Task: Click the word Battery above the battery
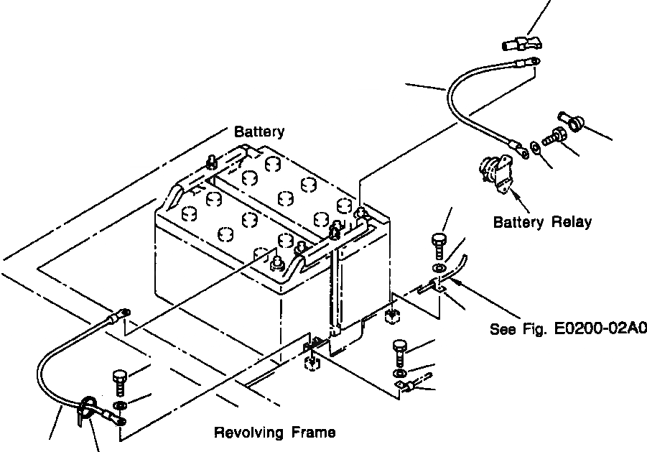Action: point(259,132)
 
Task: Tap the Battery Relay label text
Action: point(542,222)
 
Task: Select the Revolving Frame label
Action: point(275,432)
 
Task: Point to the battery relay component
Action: point(496,172)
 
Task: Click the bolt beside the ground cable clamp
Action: point(119,382)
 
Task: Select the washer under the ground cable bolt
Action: point(120,405)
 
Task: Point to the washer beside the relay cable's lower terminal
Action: point(536,148)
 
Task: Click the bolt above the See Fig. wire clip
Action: point(439,246)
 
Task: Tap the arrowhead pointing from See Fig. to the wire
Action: point(453,282)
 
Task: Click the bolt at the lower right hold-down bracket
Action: point(399,353)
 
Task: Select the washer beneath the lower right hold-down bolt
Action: point(399,374)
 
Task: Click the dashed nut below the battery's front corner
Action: point(312,363)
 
